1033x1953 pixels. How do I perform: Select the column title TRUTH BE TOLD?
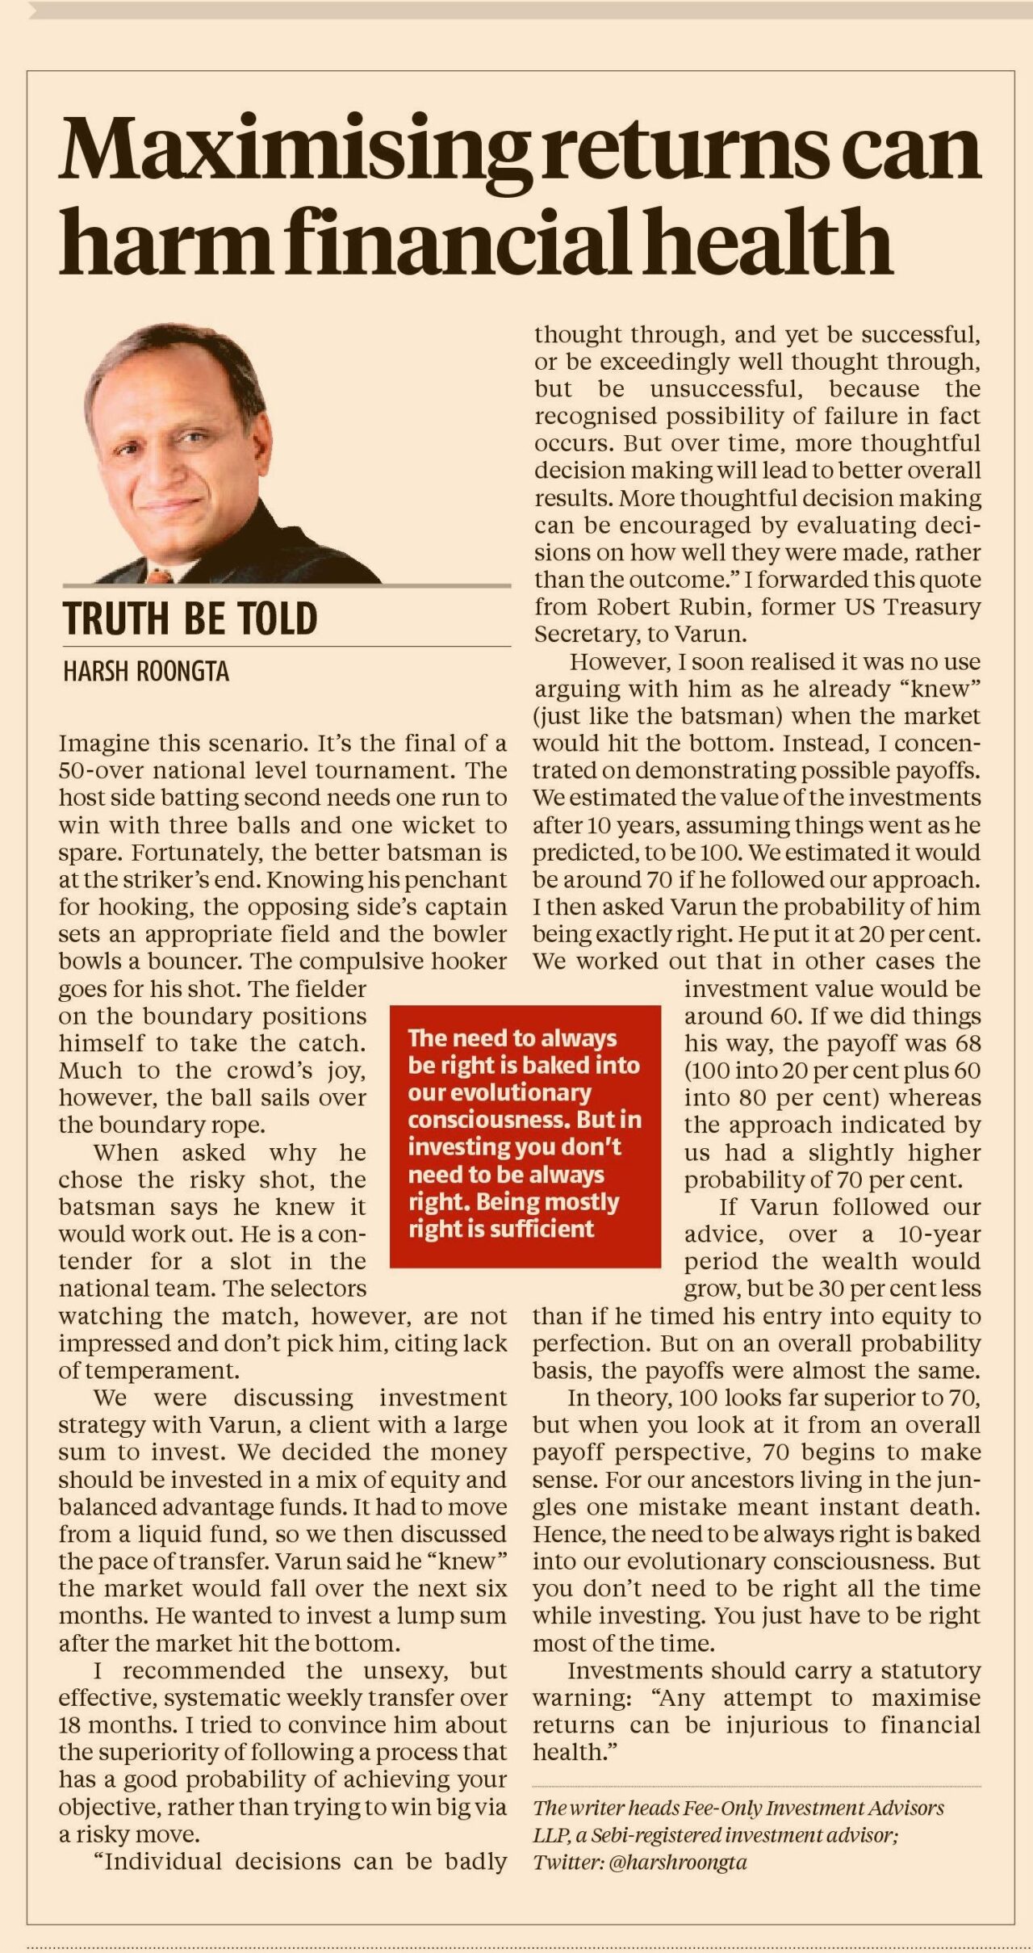[190, 618]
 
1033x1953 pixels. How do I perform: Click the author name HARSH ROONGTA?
[146, 672]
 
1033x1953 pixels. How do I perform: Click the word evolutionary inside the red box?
[500, 1092]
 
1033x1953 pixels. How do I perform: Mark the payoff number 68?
[965, 1043]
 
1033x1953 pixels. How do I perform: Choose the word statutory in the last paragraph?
[931, 1670]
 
